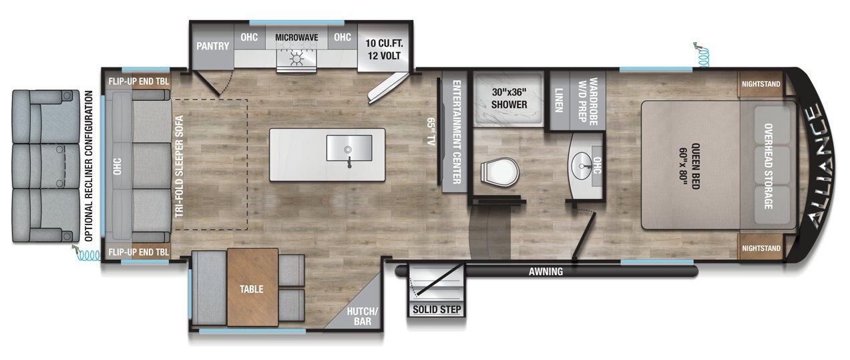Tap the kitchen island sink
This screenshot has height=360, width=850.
(x=349, y=148)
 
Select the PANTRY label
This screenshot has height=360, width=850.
(x=212, y=46)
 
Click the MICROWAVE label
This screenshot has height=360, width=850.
(x=296, y=37)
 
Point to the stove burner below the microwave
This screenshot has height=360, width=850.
(x=296, y=59)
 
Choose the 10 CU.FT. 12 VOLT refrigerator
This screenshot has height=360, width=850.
(x=384, y=48)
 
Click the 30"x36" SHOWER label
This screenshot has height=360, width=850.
(x=509, y=98)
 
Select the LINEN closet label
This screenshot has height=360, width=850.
(x=559, y=100)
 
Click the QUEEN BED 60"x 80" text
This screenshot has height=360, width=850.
(x=690, y=166)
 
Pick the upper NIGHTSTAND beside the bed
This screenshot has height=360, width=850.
(x=761, y=83)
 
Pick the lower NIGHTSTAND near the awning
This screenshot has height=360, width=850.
(x=761, y=248)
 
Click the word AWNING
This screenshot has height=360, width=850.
(x=546, y=272)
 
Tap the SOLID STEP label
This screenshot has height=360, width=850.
(x=437, y=309)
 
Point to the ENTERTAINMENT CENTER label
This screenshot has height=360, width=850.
(x=457, y=132)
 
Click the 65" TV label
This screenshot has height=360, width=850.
(x=431, y=132)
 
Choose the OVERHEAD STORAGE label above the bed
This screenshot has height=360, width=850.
(x=769, y=166)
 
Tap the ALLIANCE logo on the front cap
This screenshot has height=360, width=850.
(x=818, y=166)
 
